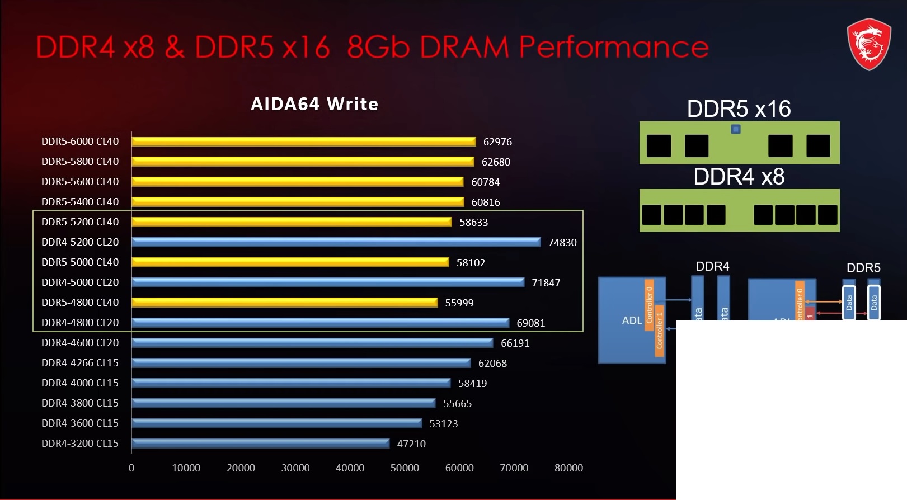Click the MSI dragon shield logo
868,44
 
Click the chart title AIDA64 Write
314,104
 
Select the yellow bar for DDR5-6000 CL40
303,141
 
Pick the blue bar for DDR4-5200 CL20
336,242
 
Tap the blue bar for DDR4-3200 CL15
260,444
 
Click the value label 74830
562,242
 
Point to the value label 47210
411,444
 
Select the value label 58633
473,222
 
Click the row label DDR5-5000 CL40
80,262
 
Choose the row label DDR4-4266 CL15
80,363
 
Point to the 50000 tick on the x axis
405,468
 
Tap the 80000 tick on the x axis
568,468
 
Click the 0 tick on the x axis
131,468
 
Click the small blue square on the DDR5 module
736,129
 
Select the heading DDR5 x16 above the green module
739,109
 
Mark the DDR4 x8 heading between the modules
739,177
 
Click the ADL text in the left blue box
632,320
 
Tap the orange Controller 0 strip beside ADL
649,304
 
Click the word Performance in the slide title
614,46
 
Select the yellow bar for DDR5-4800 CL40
284,303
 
